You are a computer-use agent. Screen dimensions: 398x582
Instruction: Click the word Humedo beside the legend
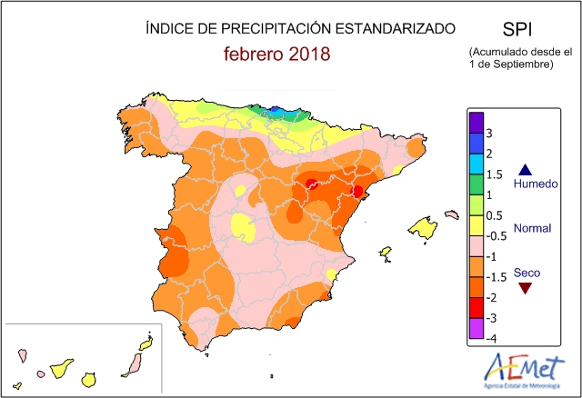coord(536,184)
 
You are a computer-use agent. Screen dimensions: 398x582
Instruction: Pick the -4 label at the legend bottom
coord(492,338)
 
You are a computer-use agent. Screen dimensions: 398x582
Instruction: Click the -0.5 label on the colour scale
coord(496,235)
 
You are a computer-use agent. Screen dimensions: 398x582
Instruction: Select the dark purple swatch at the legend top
coord(476,122)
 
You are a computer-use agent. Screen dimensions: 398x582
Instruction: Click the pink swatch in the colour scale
coord(476,245)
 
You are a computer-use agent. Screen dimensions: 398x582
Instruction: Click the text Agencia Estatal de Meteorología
coord(522,387)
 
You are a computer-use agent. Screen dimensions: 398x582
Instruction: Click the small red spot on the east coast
coord(357,191)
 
